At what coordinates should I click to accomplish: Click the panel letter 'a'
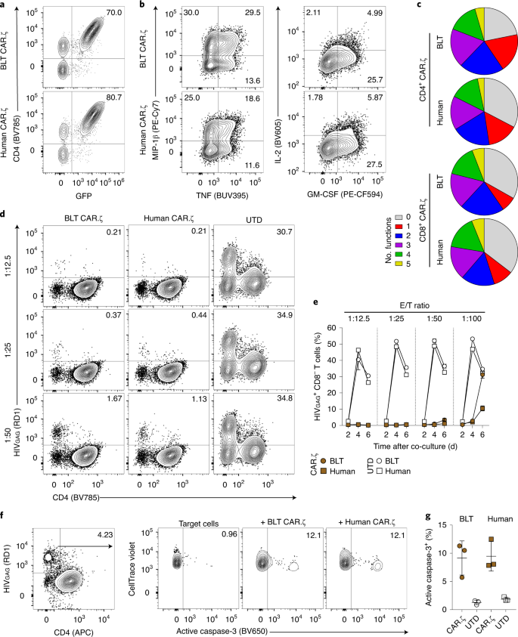coord(5,5)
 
